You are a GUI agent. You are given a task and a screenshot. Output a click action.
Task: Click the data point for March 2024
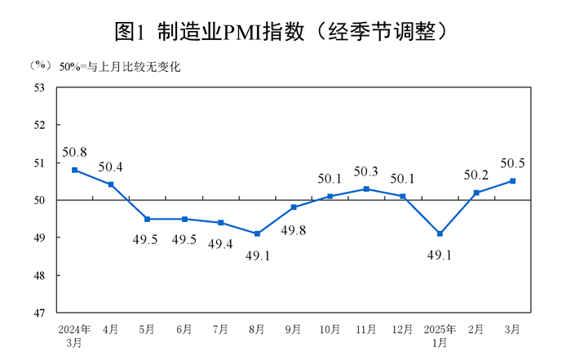(74, 170)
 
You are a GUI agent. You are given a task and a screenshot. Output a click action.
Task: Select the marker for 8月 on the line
(257, 233)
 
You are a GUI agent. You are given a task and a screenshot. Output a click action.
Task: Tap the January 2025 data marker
(440, 233)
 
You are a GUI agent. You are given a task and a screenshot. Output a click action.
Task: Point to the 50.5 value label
(511, 162)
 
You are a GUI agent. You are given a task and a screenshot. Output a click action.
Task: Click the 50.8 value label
(74, 151)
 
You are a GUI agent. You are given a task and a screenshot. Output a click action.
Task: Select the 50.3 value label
(366, 171)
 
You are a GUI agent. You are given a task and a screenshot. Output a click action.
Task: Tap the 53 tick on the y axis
(38, 87)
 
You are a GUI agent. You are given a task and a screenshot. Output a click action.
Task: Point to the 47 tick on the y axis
(38, 313)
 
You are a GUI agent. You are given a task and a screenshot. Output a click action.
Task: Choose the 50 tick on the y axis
(38, 200)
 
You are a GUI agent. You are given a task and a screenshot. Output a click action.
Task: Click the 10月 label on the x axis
(330, 329)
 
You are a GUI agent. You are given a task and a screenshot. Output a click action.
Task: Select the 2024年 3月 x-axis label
(74, 336)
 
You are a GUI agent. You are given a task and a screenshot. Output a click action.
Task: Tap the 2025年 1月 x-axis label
(440, 336)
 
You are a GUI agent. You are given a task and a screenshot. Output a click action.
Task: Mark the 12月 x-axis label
(403, 329)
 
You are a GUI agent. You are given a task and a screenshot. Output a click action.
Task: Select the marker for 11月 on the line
(366, 189)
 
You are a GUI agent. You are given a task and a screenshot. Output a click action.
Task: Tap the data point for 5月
(147, 219)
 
